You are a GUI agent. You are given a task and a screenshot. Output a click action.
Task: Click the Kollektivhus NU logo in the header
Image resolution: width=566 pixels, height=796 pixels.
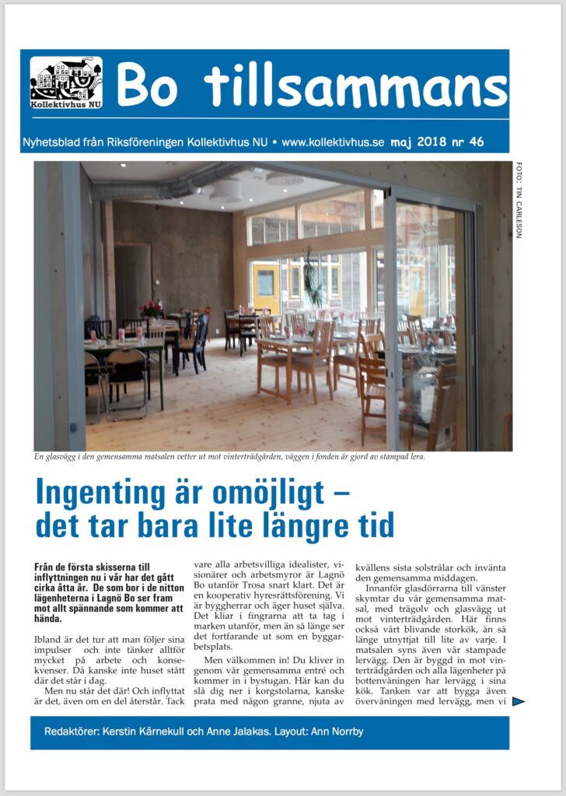coord(66,82)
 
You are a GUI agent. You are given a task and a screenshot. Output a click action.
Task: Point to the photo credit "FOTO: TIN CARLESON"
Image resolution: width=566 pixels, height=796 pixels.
coord(519,199)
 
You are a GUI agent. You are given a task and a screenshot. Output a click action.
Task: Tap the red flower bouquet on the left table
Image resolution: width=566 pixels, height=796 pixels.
coord(151,309)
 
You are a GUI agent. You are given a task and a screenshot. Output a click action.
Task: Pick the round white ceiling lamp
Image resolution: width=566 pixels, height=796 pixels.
coord(225,190)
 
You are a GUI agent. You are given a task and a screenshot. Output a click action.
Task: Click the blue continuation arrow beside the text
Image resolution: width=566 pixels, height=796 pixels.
coord(518,702)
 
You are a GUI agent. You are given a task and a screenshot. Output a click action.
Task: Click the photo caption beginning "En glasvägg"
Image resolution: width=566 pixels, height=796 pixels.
coord(229,457)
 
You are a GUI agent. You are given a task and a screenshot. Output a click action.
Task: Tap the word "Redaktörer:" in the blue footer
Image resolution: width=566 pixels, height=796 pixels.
coord(72,733)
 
